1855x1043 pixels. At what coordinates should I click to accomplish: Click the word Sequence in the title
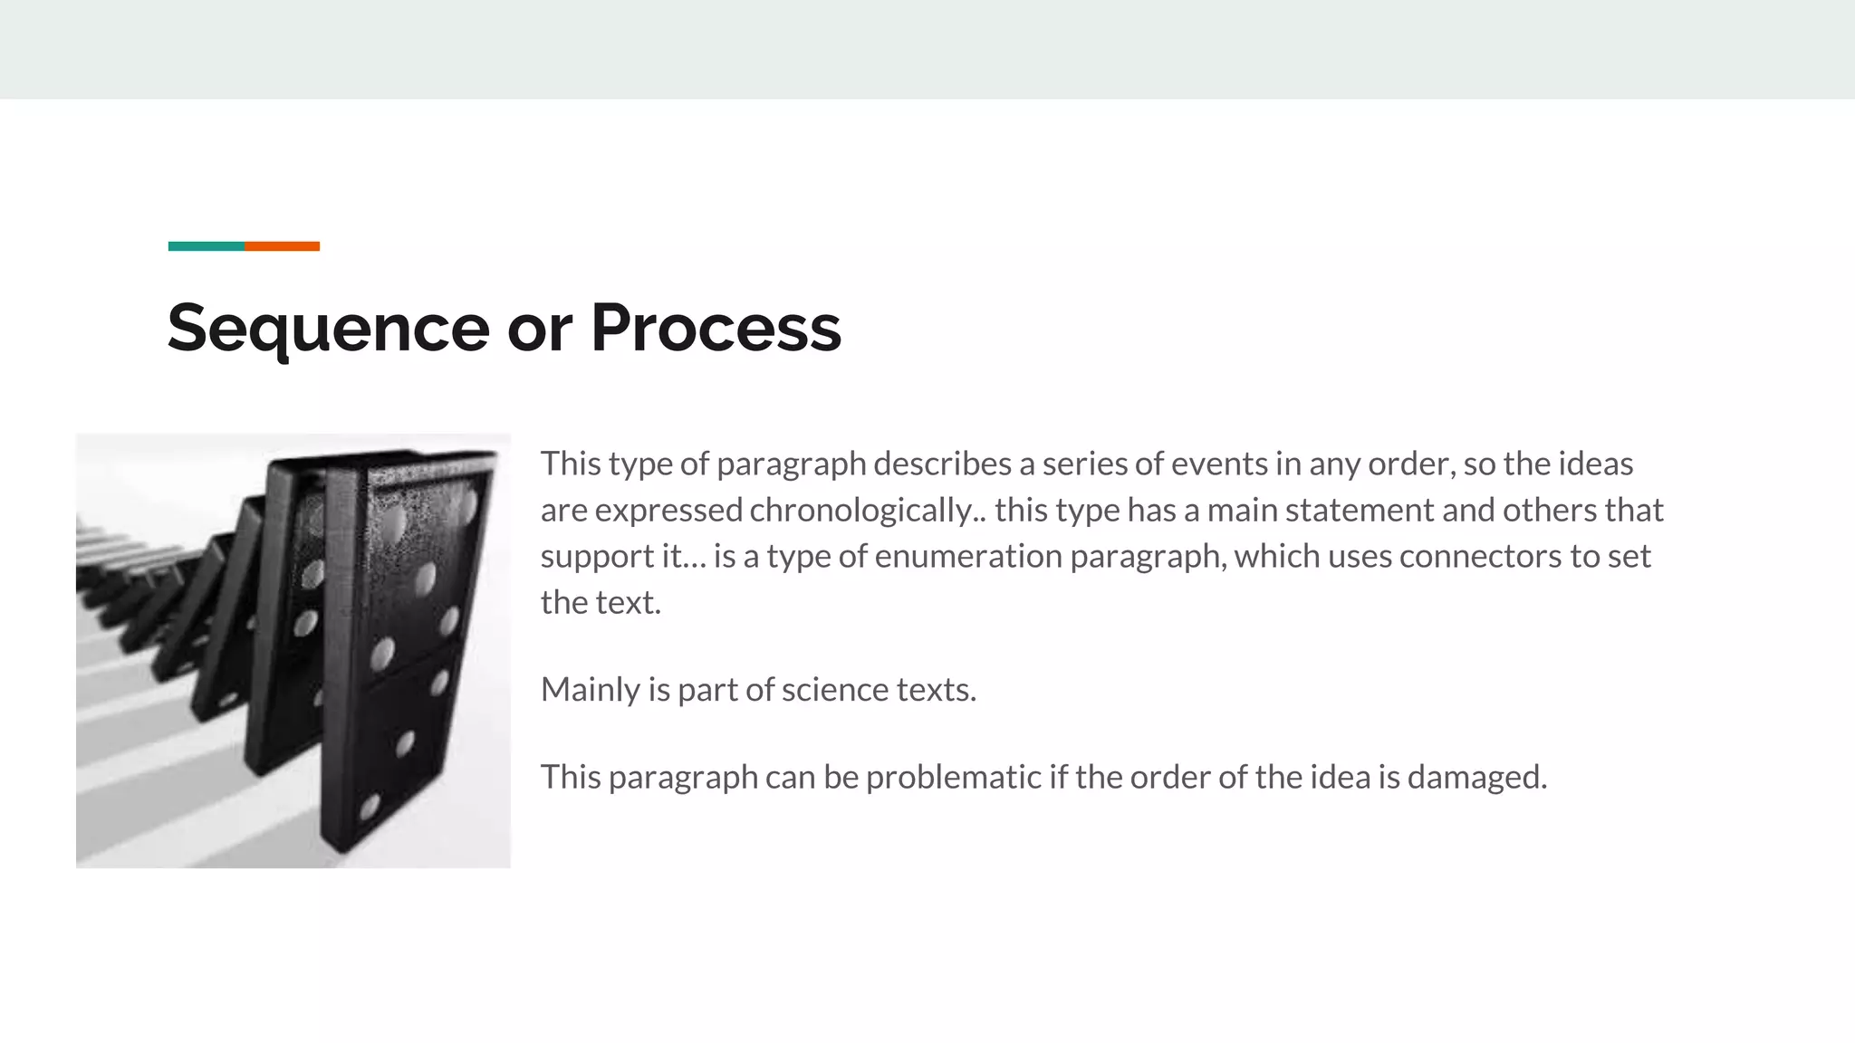tap(328, 328)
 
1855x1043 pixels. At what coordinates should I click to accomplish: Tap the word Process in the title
tap(716, 328)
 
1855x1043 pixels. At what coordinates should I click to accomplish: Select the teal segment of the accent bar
tap(206, 246)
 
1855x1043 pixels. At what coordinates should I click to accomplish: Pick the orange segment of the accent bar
tap(282, 246)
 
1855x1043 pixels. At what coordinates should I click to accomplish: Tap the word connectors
tap(1480, 556)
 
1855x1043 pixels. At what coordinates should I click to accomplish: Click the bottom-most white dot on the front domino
tap(370, 806)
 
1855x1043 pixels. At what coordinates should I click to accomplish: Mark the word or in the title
tap(539, 328)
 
